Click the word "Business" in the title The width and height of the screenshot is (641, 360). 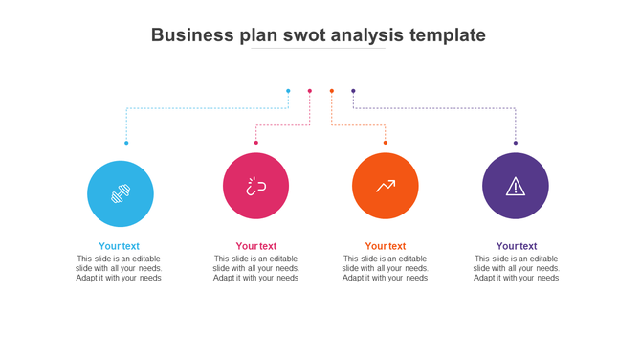pos(192,35)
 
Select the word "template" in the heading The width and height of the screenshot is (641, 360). pos(447,35)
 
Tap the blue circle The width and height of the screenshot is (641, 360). pos(121,193)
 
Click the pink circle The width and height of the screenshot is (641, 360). pos(255,186)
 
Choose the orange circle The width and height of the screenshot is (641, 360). pos(386,186)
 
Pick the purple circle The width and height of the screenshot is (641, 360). pos(516,186)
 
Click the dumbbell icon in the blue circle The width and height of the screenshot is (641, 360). pos(121,193)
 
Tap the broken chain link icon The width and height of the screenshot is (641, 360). pos(255,186)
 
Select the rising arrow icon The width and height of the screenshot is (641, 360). pos(386,186)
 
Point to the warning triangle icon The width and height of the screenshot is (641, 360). pos(516,187)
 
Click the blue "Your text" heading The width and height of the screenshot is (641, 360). pos(119,246)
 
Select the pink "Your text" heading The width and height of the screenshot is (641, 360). pos(256,246)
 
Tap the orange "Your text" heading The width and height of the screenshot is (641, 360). pos(386,246)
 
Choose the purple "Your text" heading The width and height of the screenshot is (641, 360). pos(517,246)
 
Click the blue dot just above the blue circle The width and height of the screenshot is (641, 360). pos(126,143)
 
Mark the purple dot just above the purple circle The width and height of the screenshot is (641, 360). pos(516,143)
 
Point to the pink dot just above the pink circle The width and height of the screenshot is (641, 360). pos(256,143)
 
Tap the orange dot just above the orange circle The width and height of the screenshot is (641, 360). pos(386,143)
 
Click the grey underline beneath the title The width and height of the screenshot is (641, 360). pos(319,49)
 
